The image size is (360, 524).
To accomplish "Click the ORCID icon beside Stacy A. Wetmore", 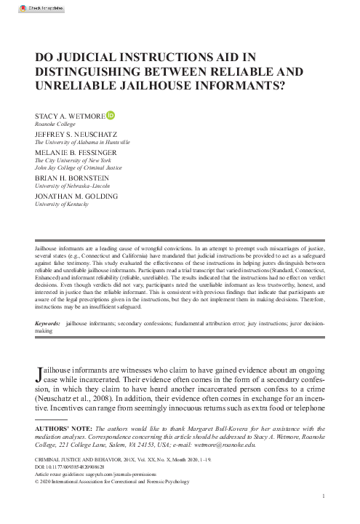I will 111,114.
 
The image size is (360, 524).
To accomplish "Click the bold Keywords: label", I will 49,322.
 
